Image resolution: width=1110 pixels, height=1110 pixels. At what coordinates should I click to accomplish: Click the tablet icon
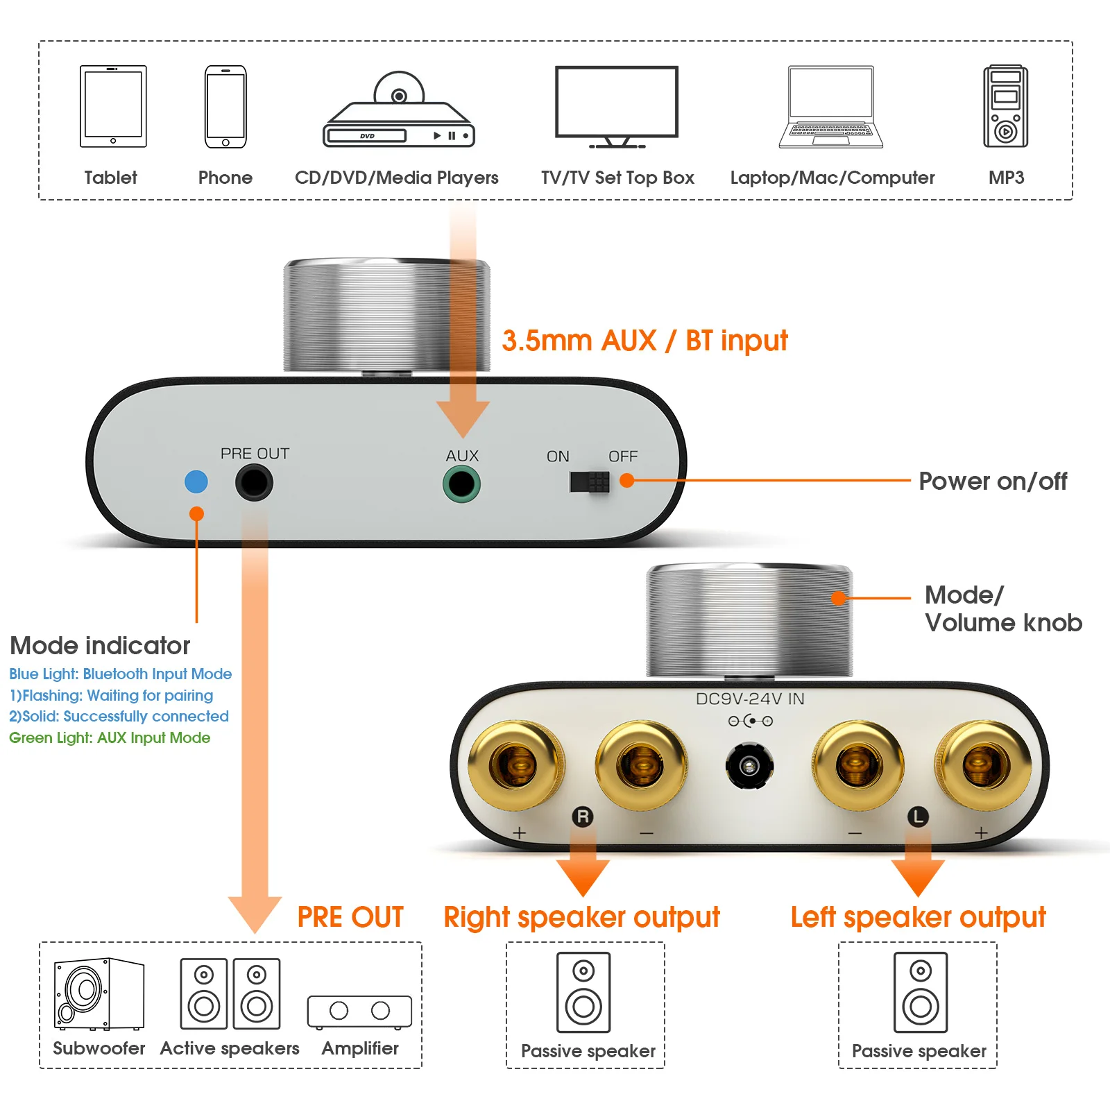[113, 106]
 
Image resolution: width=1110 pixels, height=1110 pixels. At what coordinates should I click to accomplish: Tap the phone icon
[225, 106]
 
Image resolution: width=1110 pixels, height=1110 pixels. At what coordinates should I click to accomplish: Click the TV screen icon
[617, 104]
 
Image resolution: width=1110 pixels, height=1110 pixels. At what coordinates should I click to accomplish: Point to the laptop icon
[831, 108]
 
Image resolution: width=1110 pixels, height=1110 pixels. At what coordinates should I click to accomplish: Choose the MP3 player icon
[1005, 106]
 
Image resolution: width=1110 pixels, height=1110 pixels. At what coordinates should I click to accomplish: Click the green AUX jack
[461, 484]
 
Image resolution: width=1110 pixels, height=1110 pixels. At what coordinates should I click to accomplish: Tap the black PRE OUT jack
[254, 482]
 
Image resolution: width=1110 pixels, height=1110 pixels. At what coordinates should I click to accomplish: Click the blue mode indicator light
[196, 481]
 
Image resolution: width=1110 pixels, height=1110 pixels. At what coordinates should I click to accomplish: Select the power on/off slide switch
[590, 481]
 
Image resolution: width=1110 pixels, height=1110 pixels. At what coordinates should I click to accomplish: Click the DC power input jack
[749, 766]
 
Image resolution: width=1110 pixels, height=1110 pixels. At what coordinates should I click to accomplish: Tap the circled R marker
[583, 817]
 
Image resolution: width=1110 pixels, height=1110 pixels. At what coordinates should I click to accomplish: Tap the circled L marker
[918, 817]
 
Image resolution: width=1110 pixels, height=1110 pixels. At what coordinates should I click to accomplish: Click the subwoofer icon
[99, 994]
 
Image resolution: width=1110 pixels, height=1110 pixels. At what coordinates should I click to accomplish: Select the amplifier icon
[359, 1011]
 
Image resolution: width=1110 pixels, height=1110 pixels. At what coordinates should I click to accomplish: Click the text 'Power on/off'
[993, 481]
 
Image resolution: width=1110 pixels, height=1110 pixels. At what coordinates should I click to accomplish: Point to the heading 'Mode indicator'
[100, 645]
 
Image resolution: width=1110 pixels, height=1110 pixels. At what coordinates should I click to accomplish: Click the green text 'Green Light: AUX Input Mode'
[110, 737]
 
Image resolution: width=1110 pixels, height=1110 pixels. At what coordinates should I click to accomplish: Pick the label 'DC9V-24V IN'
[750, 699]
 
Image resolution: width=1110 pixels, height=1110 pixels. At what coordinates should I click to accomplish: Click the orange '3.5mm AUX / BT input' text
[644, 341]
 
